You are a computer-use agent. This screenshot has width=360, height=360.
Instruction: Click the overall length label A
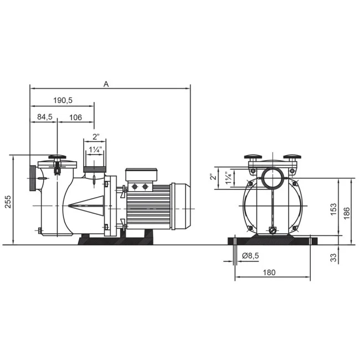[106, 84]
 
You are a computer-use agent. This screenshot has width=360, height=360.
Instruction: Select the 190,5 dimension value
[63, 100]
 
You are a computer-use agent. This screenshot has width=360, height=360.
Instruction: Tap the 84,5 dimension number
[45, 117]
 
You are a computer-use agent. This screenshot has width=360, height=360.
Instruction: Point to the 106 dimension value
[75, 117]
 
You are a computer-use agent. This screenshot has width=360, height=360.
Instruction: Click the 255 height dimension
[8, 202]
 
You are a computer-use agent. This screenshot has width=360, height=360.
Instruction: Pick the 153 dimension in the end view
[333, 209]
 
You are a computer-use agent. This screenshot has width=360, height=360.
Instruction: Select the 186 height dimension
[347, 213]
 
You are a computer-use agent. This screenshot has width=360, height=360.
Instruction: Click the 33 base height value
[333, 257]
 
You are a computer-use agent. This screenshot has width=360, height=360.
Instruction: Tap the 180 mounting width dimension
[269, 272]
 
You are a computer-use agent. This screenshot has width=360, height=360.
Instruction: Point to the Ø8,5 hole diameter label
[250, 255]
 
